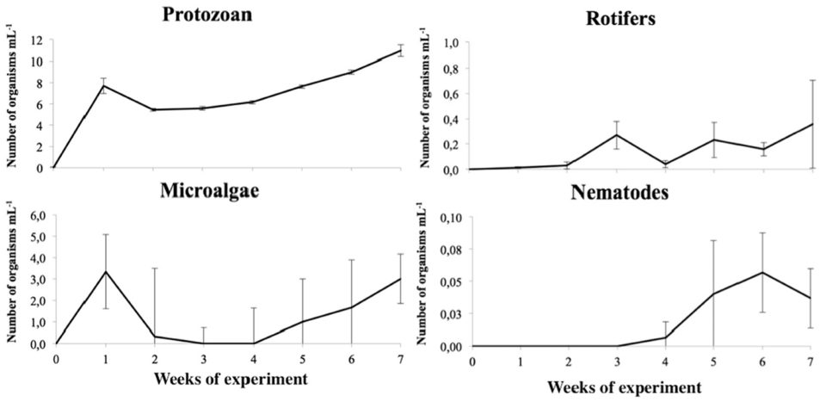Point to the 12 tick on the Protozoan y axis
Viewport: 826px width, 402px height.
tap(37, 40)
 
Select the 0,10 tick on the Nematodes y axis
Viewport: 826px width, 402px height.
tap(451, 219)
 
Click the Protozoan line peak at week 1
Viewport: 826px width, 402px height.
tap(103, 85)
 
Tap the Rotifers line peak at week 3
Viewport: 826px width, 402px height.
tap(617, 134)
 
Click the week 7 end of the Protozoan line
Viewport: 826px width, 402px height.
tap(401, 50)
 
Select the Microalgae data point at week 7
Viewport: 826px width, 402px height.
tap(400, 278)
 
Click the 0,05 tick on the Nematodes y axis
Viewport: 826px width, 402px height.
tap(451, 282)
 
